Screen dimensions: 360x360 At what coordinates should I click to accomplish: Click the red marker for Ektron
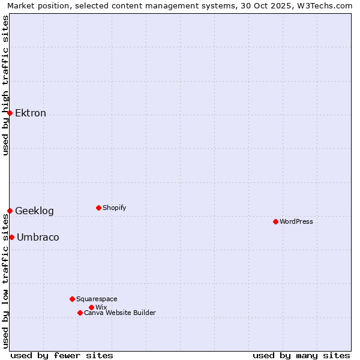click(10, 113)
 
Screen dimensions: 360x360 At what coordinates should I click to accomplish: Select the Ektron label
click(31, 113)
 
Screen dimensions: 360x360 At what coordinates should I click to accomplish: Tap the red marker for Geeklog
click(10, 211)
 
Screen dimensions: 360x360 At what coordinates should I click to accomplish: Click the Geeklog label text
click(34, 211)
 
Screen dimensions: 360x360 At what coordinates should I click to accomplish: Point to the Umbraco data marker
click(11, 237)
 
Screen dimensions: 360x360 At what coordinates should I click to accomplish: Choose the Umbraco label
click(38, 238)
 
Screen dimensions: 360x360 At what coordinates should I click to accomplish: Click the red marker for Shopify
click(98, 208)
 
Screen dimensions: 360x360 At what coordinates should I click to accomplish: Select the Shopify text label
click(114, 208)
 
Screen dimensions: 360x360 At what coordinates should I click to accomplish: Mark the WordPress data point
click(275, 221)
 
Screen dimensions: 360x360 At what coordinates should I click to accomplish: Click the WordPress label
click(296, 222)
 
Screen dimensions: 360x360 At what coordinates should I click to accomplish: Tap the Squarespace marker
click(72, 299)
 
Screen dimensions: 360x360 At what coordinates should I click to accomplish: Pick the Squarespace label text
click(97, 299)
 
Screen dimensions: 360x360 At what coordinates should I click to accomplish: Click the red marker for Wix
click(91, 307)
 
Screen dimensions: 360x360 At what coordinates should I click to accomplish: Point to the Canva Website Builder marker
click(80, 313)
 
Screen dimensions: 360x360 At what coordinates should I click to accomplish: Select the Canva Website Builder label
click(120, 313)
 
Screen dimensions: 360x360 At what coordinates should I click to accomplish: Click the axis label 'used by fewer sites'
click(62, 355)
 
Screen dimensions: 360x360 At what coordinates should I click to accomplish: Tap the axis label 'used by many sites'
click(301, 355)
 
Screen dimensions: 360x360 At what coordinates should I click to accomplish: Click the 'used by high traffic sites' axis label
click(5, 85)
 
